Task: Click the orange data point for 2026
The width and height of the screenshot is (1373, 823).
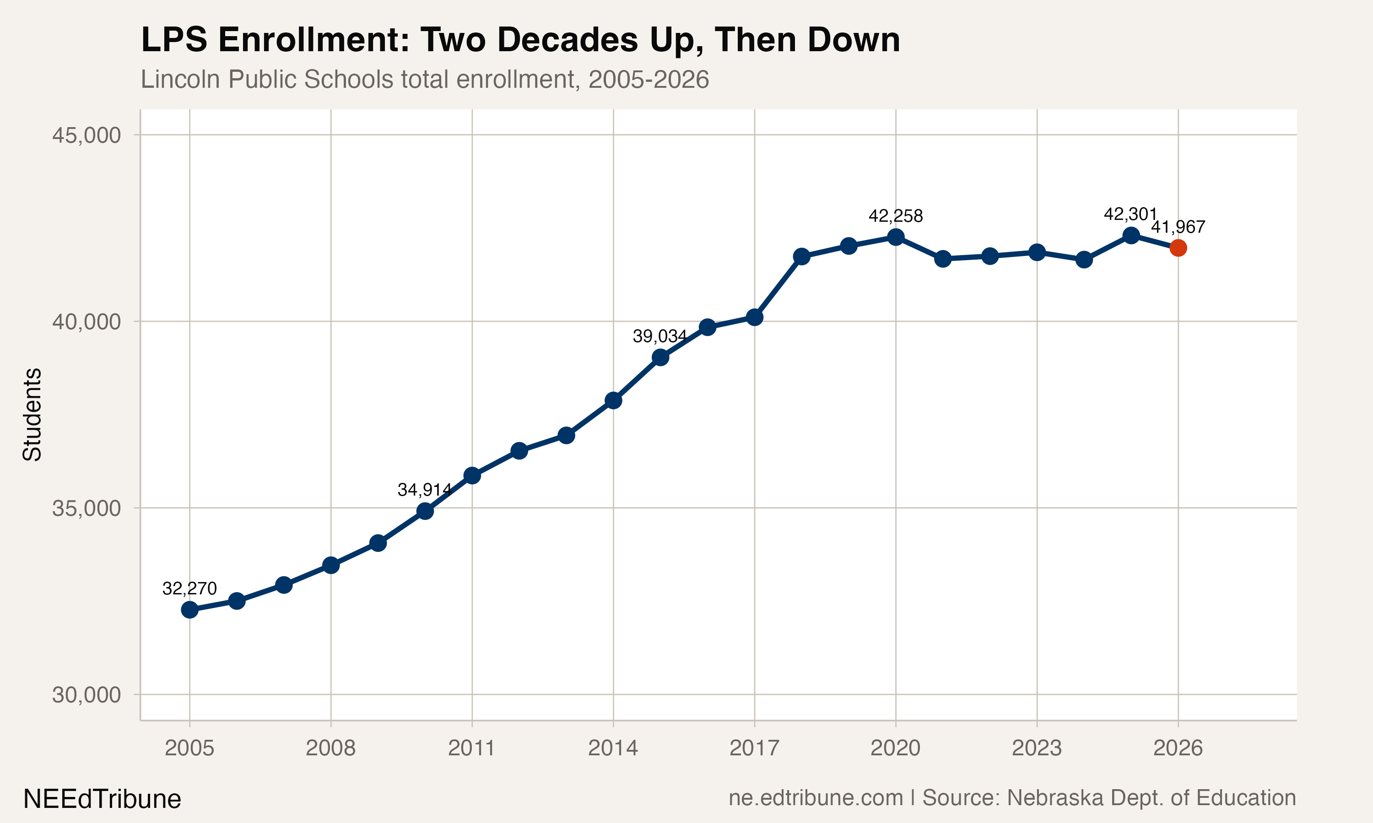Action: coord(1178,248)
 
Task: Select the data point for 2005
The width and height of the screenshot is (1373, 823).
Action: coord(190,609)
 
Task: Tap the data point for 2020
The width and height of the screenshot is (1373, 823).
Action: coord(896,237)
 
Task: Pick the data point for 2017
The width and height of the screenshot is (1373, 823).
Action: coord(754,317)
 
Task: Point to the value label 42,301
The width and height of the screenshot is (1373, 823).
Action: coord(1130,214)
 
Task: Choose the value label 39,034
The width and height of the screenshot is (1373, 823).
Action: coord(660,336)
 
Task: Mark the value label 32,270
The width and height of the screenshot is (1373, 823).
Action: coord(190,588)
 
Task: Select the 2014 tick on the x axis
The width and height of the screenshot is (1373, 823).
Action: coord(613,748)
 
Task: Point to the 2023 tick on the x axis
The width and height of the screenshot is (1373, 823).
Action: coord(1036,748)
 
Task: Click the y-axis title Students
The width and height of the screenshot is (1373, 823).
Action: coord(32,414)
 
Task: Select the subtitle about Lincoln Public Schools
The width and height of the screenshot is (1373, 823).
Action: coord(425,79)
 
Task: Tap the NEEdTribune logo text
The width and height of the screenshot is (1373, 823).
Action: coord(102,799)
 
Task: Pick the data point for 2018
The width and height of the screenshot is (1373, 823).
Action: coord(801,256)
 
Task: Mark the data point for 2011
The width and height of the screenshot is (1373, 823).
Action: coord(472,475)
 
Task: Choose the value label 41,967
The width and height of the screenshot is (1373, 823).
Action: coord(1178,227)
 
